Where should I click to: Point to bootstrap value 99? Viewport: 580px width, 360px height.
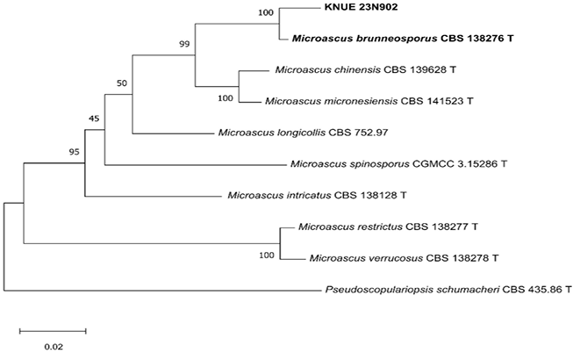[x=184, y=44]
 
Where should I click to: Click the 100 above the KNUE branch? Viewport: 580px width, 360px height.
[x=265, y=12]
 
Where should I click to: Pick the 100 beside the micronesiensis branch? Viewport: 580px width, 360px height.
[x=226, y=98]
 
